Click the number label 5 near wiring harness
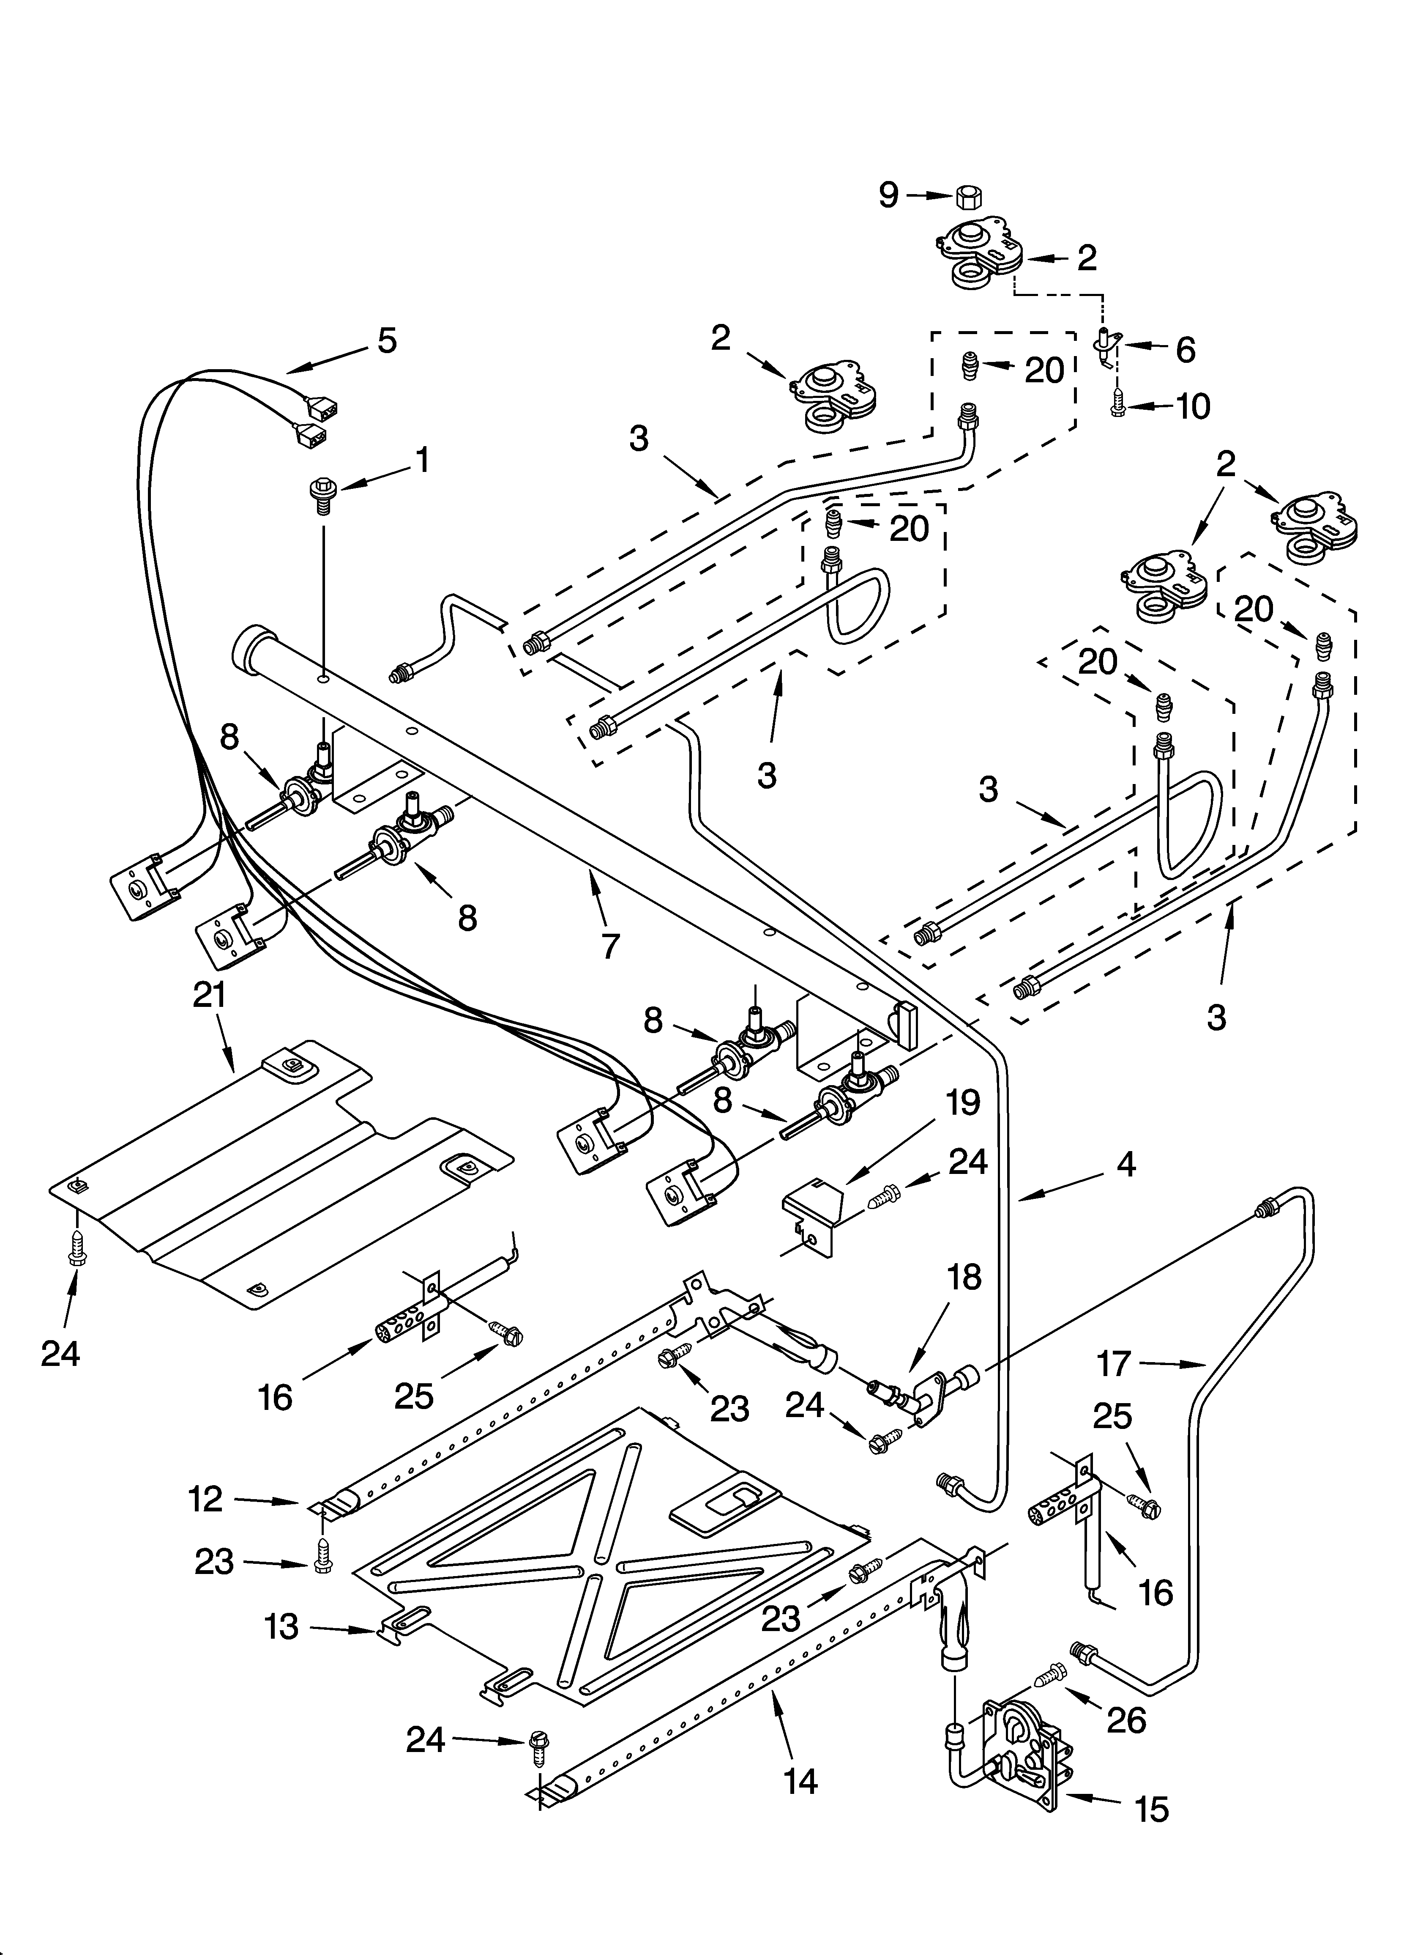(x=387, y=340)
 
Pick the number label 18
(x=964, y=1278)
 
